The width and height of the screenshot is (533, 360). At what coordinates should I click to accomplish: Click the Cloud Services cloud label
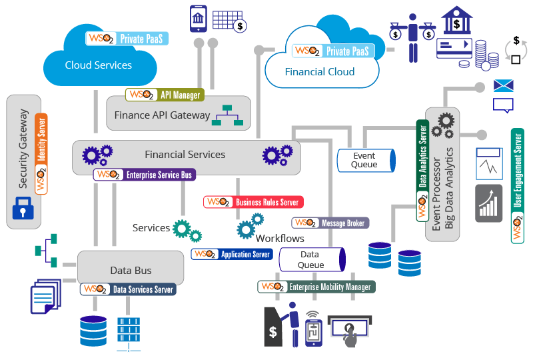coord(98,65)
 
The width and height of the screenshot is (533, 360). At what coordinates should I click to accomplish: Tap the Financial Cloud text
coord(319,71)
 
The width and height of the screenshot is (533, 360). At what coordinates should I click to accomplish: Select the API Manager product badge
coord(165,95)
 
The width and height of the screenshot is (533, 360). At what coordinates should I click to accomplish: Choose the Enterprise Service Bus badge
coord(145,175)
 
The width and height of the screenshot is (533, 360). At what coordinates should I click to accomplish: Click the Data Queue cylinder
coord(310,260)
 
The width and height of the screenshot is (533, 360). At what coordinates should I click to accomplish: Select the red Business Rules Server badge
coord(253,202)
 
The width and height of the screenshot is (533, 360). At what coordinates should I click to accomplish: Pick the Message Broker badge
coord(330,223)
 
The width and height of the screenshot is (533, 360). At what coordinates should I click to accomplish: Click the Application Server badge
coord(232,254)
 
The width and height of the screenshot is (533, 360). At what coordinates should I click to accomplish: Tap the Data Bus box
coord(131,270)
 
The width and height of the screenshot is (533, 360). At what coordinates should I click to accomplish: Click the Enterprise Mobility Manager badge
coord(317,287)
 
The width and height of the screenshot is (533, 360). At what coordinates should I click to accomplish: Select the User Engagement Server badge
coord(518,186)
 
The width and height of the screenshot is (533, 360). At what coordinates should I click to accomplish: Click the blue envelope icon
coord(504,85)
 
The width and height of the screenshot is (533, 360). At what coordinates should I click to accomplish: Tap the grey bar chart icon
coord(488,203)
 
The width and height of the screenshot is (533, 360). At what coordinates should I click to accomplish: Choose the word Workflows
coord(280,238)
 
